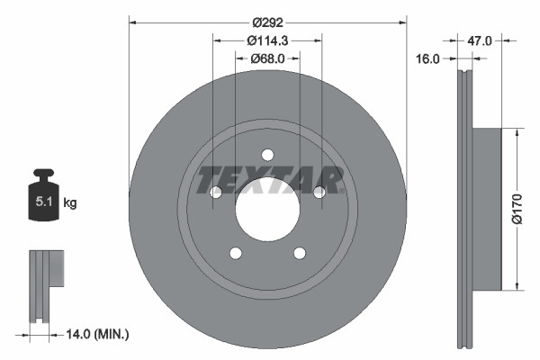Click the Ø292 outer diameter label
click(x=267, y=21)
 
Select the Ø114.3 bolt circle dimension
click(x=266, y=40)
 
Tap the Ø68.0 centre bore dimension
click(x=267, y=58)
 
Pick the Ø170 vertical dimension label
click(x=517, y=210)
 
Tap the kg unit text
click(x=70, y=203)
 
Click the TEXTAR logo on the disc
click(x=269, y=180)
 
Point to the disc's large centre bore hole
click(x=267, y=211)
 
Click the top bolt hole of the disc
click(x=267, y=154)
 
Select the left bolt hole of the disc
click(x=215, y=193)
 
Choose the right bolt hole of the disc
click(x=319, y=192)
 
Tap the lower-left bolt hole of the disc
click(x=235, y=254)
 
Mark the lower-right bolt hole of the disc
click(x=300, y=254)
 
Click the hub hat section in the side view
click(x=486, y=210)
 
